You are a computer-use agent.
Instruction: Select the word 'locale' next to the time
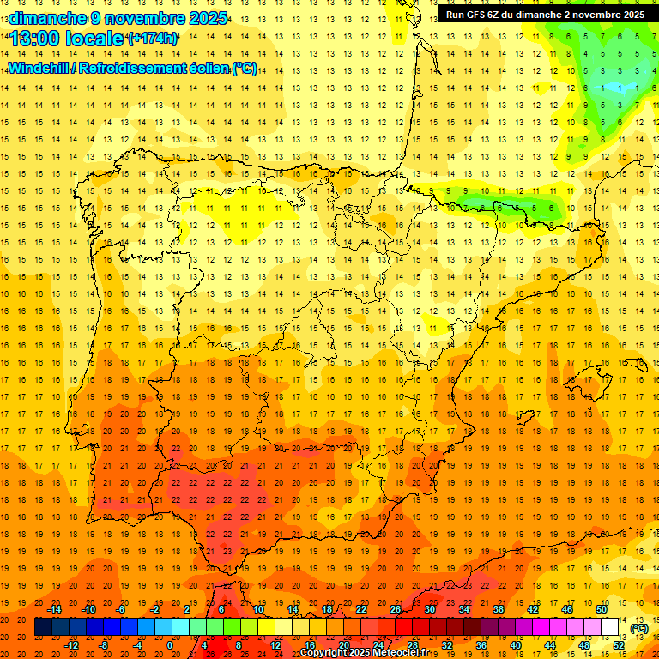[x=94, y=39]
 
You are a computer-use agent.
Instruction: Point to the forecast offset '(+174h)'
[x=152, y=39]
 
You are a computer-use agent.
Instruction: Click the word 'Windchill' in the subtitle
[x=42, y=68]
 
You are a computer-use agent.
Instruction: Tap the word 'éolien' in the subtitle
[x=212, y=68]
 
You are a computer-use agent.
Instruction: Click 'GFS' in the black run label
[x=481, y=15]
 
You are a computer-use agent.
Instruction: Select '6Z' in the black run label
[x=501, y=15]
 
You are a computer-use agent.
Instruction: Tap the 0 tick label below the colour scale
[x=170, y=645]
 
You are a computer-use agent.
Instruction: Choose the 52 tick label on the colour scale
[x=619, y=645]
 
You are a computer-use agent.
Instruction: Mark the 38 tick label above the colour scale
[x=498, y=609]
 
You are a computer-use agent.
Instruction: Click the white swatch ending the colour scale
[x=609, y=627]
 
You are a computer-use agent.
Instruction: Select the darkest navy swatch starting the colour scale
[x=43, y=627]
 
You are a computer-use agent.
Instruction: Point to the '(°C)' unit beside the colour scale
[x=639, y=628]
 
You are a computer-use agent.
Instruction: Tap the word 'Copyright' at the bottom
[x=322, y=653]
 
